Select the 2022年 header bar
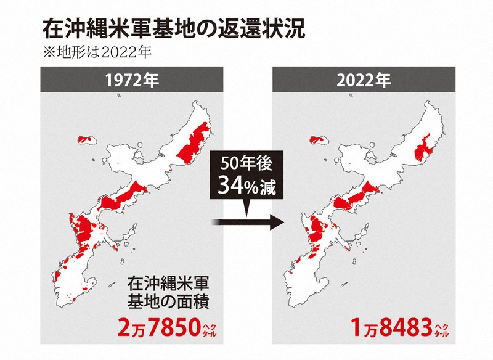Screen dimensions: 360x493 pos(363,80)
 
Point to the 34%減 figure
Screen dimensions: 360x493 pos(246,186)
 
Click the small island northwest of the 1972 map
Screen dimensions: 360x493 pos(86,138)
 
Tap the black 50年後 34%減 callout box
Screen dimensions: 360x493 pos(246,176)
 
